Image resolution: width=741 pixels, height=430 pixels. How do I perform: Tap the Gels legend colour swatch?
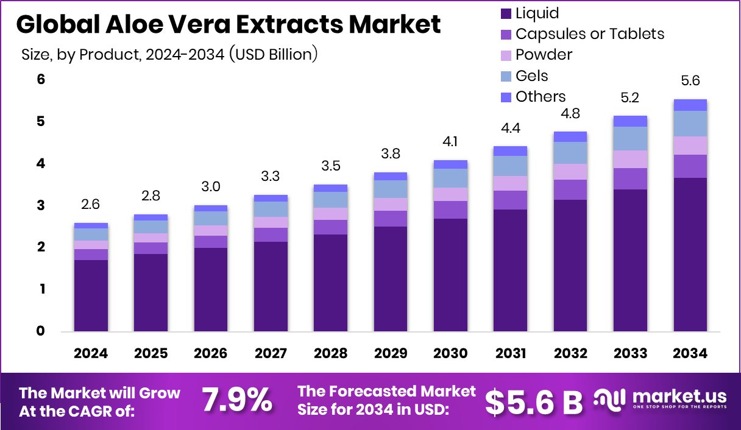(x=505, y=76)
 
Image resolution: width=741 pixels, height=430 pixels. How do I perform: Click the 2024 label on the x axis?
(x=91, y=354)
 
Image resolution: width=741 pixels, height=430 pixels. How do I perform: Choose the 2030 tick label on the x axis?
(x=450, y=354)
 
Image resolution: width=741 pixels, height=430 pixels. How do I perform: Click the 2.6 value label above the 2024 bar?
(x=91, y=205)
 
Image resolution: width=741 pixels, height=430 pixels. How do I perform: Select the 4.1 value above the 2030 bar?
(x=450, y=143)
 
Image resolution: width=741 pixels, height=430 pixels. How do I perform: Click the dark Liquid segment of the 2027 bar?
(x=271, y=286)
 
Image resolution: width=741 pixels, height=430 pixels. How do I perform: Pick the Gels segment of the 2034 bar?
(x=690, y=124)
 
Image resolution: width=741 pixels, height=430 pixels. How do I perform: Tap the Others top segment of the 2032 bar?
(x=570, y=136)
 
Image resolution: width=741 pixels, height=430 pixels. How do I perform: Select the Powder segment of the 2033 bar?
(x=630, y=159)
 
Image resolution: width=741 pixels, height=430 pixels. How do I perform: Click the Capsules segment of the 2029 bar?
(x=391, y=219)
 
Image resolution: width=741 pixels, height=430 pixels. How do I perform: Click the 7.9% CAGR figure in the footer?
(x=236, y=400)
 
